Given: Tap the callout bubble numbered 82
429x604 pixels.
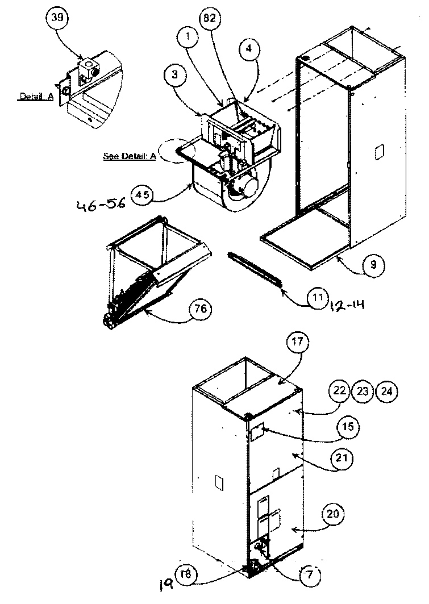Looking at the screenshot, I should (x=209, y=19).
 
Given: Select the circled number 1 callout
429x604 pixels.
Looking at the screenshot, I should (x=186, y=38).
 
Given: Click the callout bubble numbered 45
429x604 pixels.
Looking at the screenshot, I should (x=142, y=195).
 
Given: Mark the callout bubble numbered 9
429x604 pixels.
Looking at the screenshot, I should (x=374, y=265).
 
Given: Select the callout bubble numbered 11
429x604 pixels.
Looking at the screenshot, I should (x=318, y=297).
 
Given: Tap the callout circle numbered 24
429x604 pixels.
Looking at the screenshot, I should (x=386, y=391).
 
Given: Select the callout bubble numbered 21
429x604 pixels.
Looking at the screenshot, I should (x=348, y=457).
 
